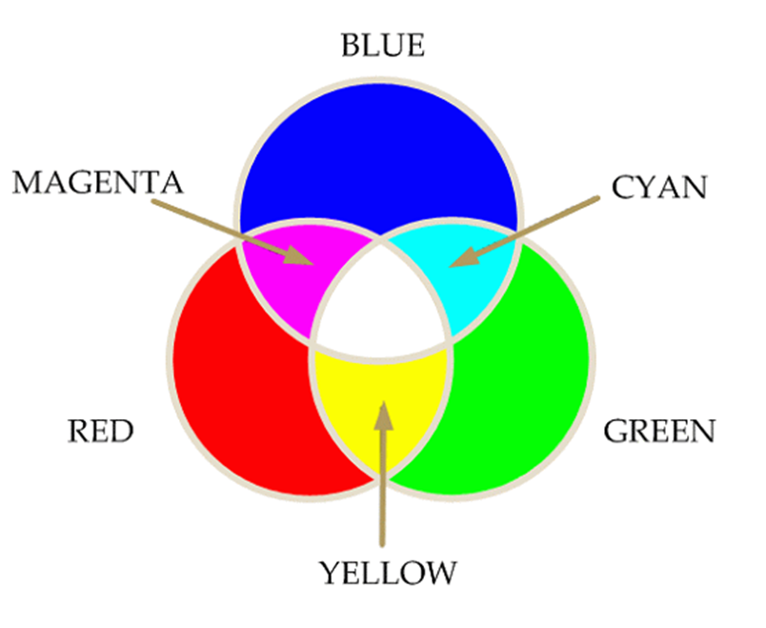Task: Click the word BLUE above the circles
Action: pos(382,45)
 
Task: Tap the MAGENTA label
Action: pos(98,182)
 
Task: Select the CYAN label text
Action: pos(659,187)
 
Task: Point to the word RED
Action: pos(101,431)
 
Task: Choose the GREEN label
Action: pos(659,431)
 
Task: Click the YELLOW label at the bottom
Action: pos(388,573)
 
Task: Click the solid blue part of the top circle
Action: pos(378,156)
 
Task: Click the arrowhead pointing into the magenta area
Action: pos(298,256)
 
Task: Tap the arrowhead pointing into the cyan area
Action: pos(464,258)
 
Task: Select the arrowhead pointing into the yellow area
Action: pos(384,416)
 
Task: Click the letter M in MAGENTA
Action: pos(28,182)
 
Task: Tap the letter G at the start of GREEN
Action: pos(615,431)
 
